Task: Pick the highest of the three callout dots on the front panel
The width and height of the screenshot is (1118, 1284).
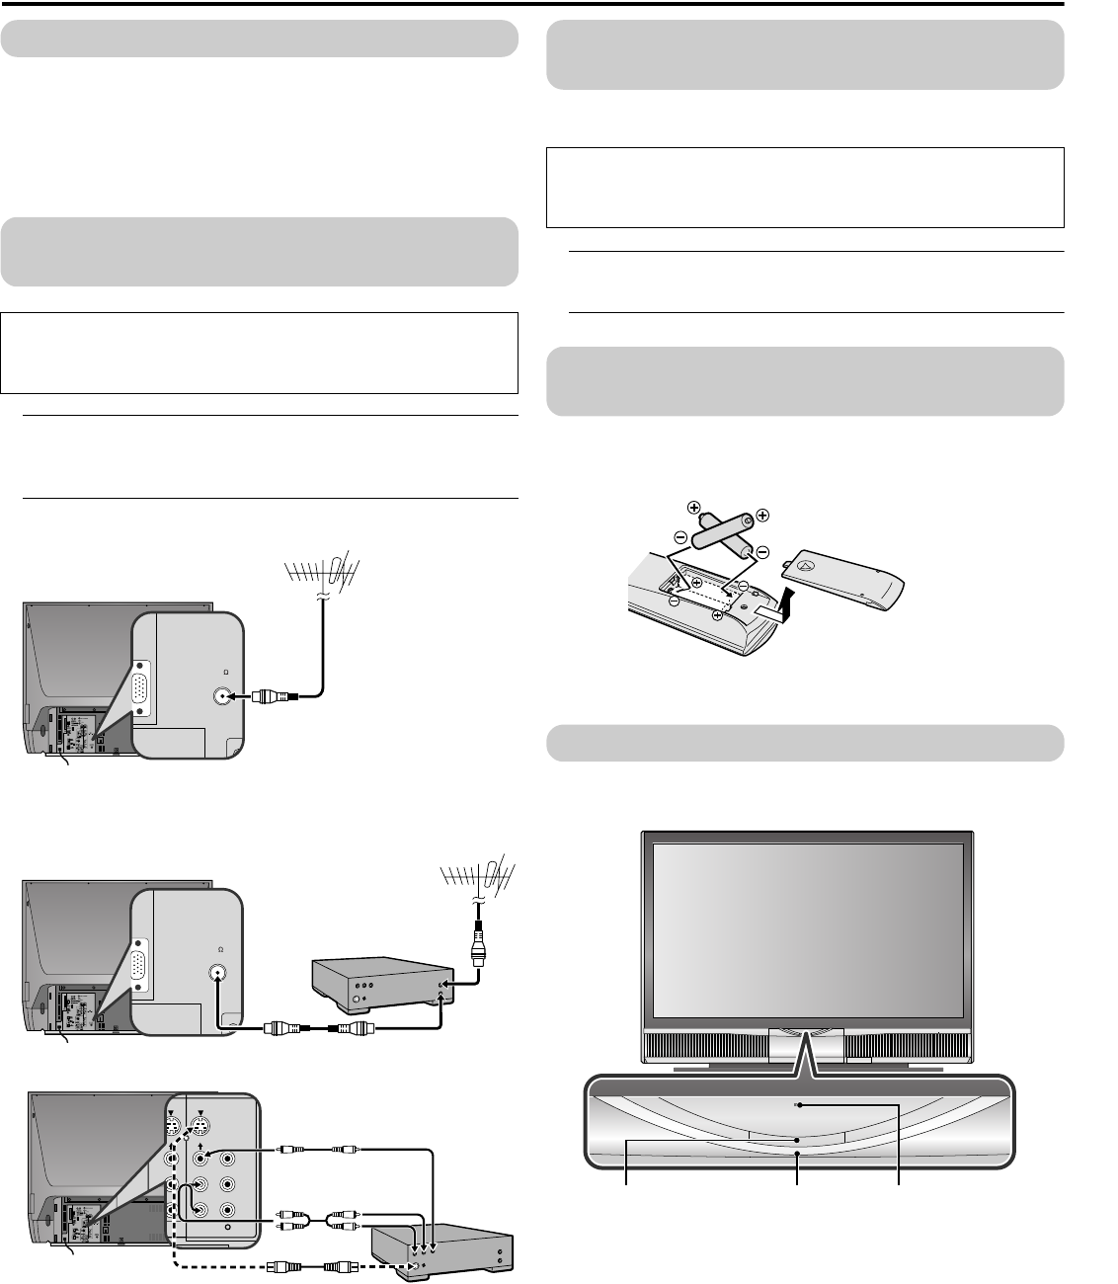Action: tap(798, 1105)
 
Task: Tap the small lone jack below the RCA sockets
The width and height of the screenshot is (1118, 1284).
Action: tap(227, 1227)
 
